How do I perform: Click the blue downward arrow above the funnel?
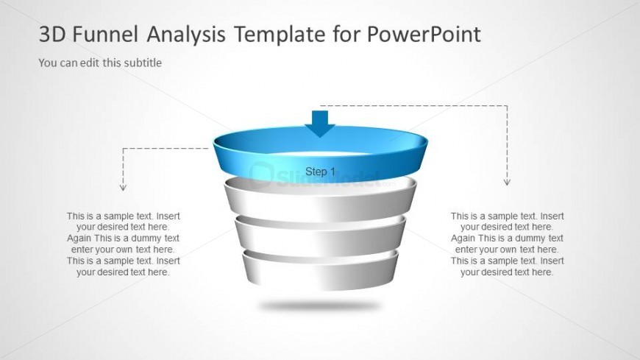coord(320,124)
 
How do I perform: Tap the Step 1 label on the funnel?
coord(320,172)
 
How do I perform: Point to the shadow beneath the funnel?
coord(319,306)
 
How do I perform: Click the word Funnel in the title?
coord(105,34)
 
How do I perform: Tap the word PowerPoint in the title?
coord(424,34)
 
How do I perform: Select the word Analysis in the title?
coord(186,35)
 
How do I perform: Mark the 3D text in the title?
coord(52,34)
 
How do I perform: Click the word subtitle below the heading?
coord(143,63)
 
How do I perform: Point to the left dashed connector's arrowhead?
coord(123,188)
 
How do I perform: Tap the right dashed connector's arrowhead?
coord(507,182)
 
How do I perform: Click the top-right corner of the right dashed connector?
coord(508,106)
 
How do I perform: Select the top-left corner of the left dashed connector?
coord(123,148)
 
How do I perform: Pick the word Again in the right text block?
coord(463,239)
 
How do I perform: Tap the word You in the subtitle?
coord(47,63)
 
